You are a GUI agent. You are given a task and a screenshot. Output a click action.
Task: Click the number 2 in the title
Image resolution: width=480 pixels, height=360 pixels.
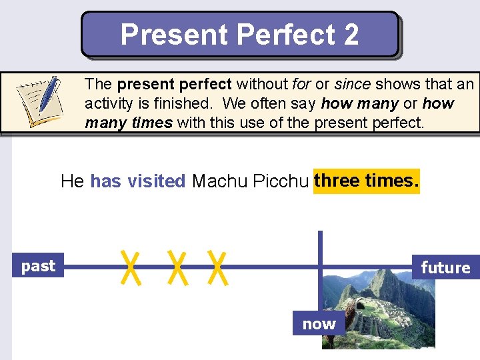[351, 35]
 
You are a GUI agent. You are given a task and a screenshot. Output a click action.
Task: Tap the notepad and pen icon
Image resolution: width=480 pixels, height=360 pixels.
[40, 101]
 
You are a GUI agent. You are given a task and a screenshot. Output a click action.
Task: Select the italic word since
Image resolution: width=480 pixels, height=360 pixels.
[353, 85]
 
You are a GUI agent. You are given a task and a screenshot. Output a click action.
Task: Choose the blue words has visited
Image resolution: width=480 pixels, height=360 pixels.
[137, 181]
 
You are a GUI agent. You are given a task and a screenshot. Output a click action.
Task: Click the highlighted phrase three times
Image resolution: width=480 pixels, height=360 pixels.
[367, 181]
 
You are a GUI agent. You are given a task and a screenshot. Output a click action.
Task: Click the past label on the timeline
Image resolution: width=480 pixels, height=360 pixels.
[38, 266]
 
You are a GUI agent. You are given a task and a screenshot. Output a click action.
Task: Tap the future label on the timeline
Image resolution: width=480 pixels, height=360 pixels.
[445, 268]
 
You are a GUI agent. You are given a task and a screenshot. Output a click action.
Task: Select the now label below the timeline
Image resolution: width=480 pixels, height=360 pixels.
[319, 325]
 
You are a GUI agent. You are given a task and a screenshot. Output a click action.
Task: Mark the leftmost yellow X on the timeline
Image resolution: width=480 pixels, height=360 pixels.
[132, 267]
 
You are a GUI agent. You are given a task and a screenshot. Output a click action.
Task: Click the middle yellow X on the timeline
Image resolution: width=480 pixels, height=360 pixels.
[176, 267]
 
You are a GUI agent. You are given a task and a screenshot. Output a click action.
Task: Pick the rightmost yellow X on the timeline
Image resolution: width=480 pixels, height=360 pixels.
[217, 267]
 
